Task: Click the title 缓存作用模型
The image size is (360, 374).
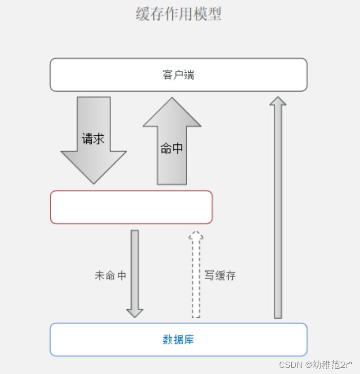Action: coord(178,14)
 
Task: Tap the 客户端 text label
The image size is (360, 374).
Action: coord(178,75)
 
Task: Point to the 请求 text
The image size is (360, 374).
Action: coord(93,138)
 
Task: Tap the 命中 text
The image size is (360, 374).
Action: coord(172,149)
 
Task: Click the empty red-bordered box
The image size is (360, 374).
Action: coord(131,207)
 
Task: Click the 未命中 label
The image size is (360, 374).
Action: coord(110,275)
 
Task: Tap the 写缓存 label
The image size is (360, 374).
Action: coord(220,275)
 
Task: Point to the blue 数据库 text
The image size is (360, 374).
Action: coord(178,339)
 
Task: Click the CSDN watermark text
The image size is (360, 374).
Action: coord(315,365)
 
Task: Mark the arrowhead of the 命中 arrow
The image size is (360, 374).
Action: coord(172,114)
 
